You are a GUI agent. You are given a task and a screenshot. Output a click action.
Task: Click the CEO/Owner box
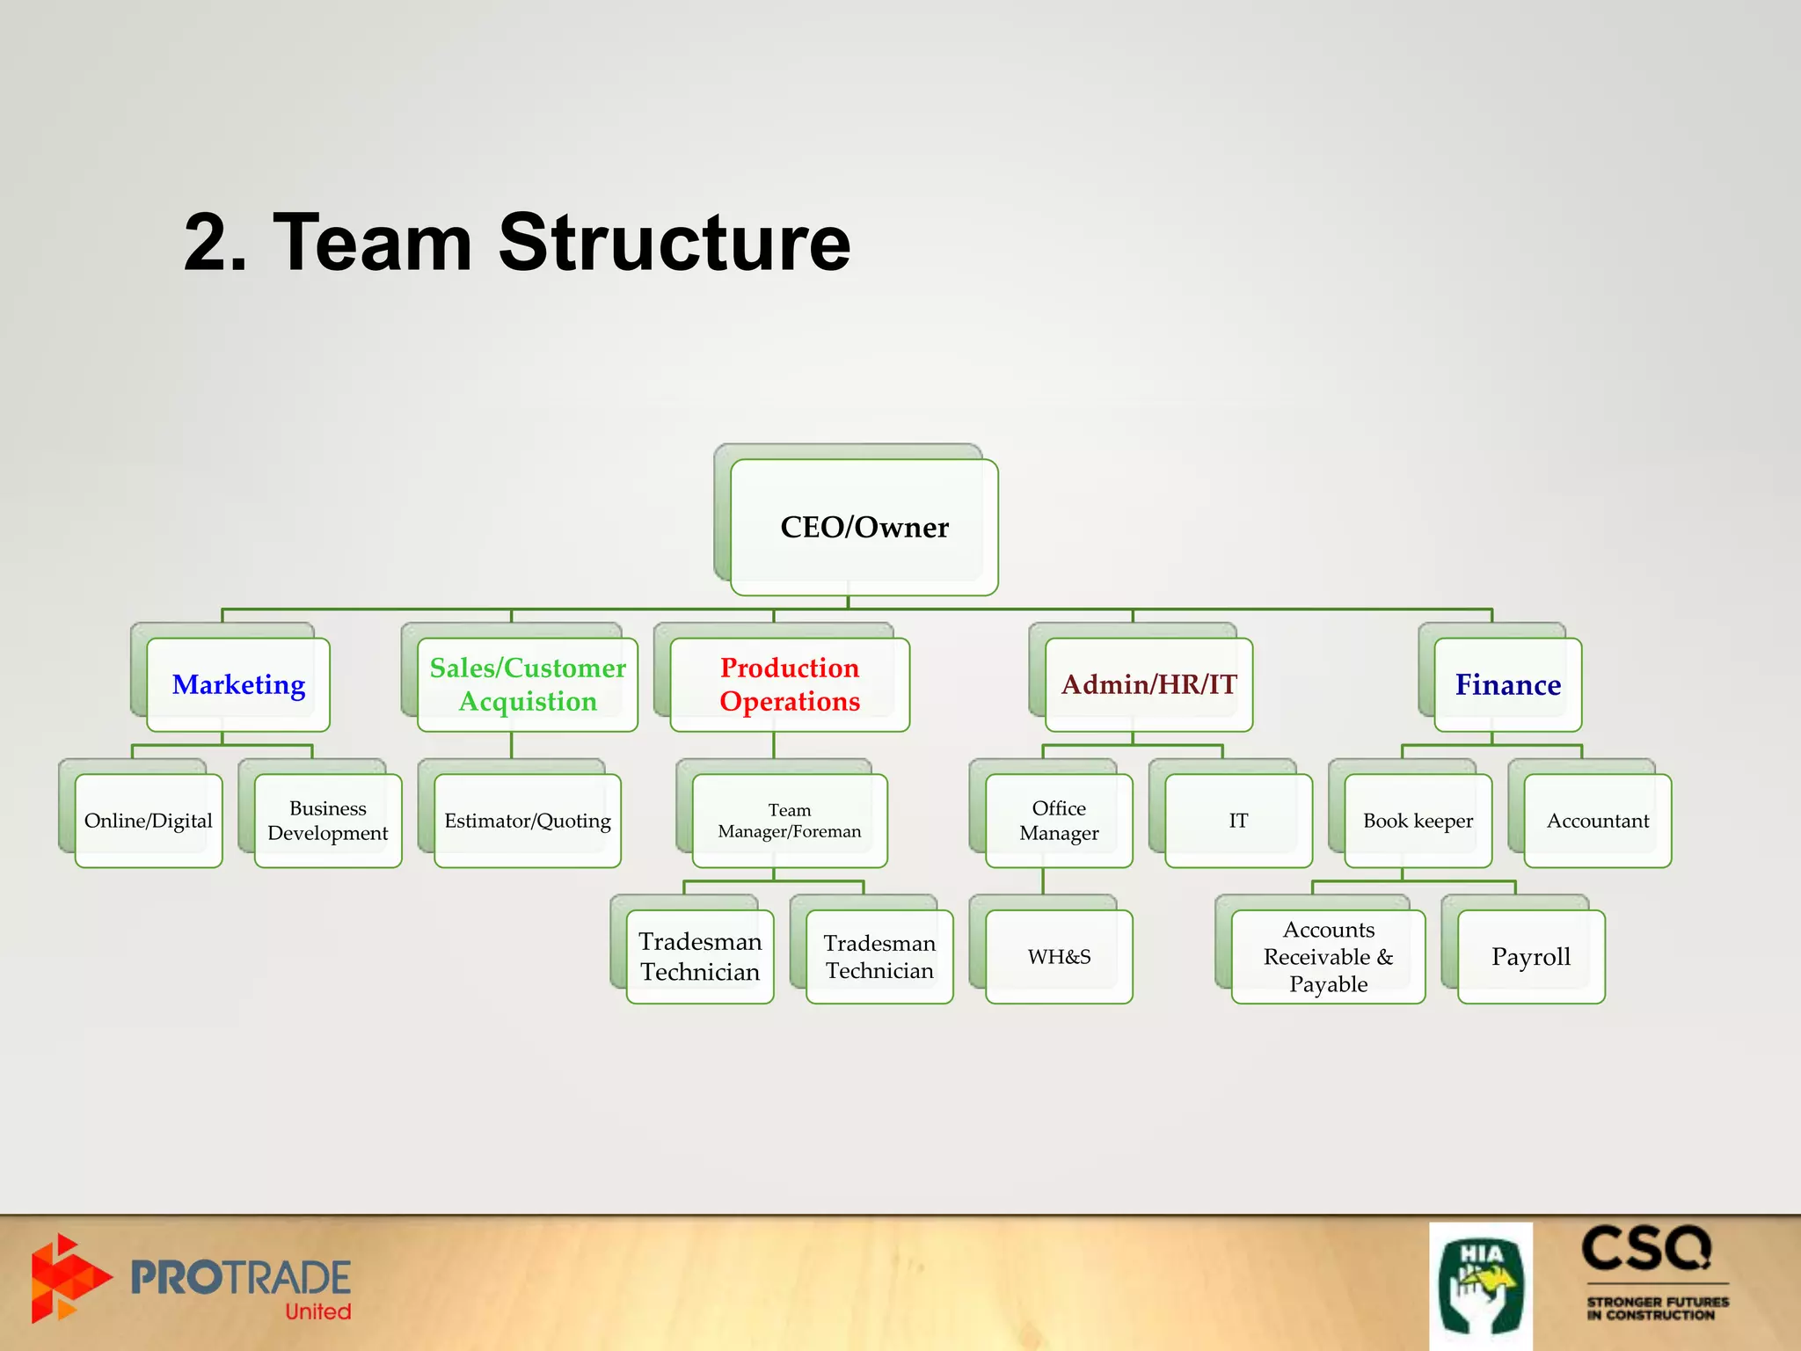864,527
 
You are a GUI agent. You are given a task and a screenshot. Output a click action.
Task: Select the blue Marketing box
238,684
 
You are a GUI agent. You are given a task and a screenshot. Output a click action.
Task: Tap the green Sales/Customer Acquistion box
528,684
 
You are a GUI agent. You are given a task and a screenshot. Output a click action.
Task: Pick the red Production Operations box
789,684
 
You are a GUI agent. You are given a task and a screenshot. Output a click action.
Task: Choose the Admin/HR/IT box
1148,684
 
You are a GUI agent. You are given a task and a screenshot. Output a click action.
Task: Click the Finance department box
1507,684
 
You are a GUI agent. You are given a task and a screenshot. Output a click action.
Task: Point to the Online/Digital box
149,821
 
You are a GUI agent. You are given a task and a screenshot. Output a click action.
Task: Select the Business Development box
328,821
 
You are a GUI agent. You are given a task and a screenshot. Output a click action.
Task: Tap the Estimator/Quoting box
528,821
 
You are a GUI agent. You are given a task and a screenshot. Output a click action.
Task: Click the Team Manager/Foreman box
789,821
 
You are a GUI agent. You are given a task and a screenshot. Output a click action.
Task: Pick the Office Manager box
1059,821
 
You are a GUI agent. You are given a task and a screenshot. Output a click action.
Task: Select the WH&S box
1059,957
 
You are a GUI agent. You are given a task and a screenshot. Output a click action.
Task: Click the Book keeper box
1418,821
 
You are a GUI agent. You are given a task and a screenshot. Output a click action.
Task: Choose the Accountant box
1597,821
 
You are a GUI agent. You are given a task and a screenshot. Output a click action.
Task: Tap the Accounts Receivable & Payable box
1328,957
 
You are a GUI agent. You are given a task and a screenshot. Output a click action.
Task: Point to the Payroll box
1530,957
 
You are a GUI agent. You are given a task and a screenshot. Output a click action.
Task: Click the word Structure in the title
674,243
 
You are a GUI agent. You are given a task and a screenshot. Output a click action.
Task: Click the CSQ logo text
1646,1249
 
